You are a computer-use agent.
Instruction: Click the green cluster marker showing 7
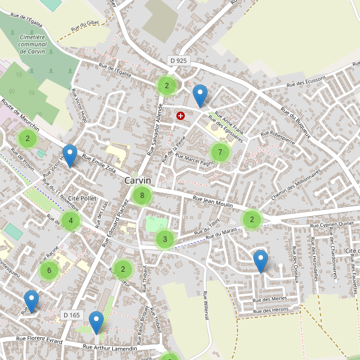220,152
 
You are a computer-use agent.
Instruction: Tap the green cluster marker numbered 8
142,195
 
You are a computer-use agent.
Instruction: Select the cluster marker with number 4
70,220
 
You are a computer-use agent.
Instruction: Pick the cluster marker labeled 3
164,240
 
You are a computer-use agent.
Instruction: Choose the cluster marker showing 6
49,271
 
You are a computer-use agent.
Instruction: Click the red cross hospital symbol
181,115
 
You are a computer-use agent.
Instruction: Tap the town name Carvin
138,180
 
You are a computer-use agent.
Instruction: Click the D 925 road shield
178,61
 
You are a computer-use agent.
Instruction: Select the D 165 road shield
71,315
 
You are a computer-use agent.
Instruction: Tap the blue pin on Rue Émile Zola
70,156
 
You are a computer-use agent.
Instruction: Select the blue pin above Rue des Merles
260,261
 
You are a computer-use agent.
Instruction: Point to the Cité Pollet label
82,198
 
